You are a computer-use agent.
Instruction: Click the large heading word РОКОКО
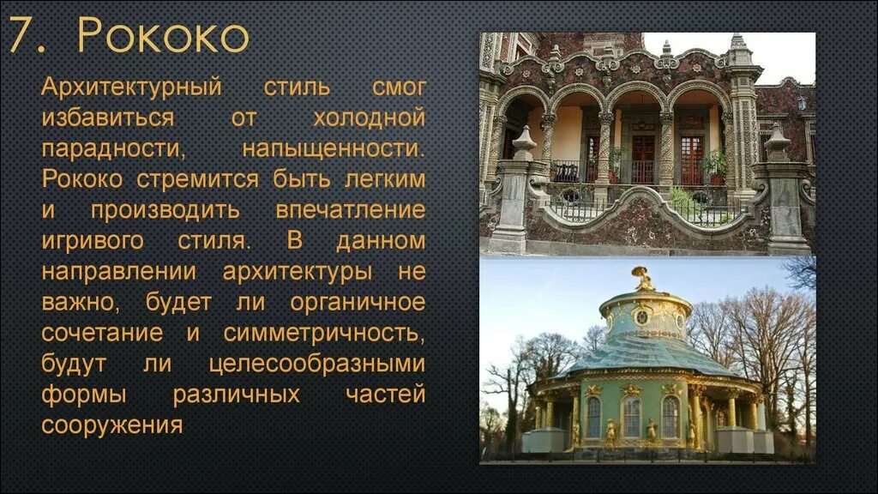pos(163,37)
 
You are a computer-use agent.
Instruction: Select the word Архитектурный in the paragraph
pos(132,87)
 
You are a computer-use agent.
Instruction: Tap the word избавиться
pos(108,117)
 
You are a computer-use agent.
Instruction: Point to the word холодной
pos(370,117)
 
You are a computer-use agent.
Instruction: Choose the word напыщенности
pos(333,148)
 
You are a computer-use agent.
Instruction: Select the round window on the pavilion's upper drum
pos(641,316)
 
